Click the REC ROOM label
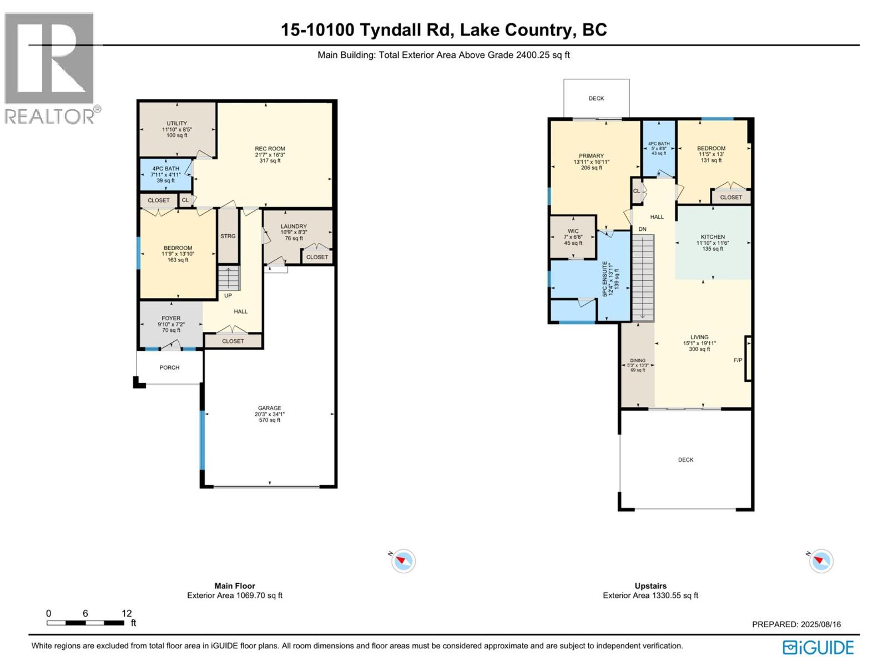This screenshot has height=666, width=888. tap(270, 149)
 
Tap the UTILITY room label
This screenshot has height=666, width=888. tap(177, 123)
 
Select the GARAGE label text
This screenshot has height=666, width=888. tap(269, 408)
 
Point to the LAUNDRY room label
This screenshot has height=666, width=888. tap(294, 226)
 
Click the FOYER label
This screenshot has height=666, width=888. tap(171, 318)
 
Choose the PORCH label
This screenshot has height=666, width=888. tap(169, 367)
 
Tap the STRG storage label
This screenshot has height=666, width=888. tap(228, 236)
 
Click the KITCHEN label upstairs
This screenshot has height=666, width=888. tap(713, 237)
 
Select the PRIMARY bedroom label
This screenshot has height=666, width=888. tap(591, 156)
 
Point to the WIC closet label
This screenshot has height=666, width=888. tap(573, 231)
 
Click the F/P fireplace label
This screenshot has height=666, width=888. tap(738, 360)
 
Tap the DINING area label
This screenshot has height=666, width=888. tap(638, 360)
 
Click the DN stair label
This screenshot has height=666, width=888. tap(643, 229)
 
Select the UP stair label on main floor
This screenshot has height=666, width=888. tap(228, 296)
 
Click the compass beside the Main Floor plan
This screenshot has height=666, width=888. tap(403, 561)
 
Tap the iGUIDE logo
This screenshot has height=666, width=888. tap(818, 647)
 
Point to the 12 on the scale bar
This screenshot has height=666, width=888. tap(127, 613)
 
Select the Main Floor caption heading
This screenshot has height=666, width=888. tap(235, 586)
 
